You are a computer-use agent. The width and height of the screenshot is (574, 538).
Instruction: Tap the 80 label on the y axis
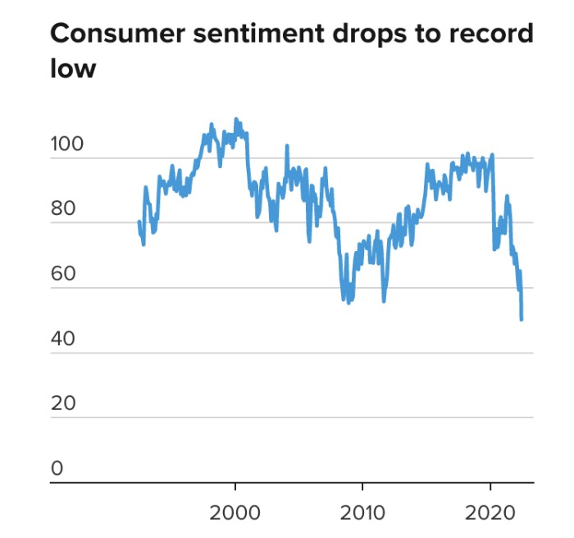[x=62, y=210]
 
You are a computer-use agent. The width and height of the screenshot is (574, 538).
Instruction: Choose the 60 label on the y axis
[x=62, y=275]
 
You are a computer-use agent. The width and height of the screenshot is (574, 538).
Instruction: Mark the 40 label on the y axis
[x=62, y=340]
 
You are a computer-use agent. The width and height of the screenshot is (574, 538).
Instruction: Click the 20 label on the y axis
[x=62, y=404]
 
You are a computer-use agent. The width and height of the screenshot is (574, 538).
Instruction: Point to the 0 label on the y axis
[x=57, y=469]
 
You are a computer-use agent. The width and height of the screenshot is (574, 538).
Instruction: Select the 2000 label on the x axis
[x=235, y=513]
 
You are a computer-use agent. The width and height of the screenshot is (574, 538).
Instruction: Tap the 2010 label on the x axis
[x=362, y=513]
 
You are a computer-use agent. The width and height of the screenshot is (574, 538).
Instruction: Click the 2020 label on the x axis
[x=490, y=513]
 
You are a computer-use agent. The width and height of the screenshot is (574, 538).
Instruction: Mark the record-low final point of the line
[x=522, y=319]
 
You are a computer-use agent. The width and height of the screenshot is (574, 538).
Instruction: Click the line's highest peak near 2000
[x=236, y=120]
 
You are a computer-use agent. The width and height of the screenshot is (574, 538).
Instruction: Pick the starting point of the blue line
[x=139, y=221]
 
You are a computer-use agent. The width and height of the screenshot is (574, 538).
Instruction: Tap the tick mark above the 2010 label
[x=362, y=488]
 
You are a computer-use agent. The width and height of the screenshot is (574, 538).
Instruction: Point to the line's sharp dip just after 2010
[x=383, y=301]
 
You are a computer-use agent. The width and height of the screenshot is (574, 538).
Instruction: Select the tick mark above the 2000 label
[x=235, y=488]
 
